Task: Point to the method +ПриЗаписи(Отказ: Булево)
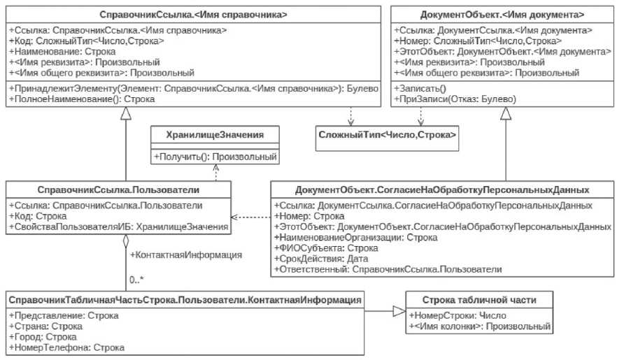pos(455,99)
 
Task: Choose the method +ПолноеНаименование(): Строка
pos(82,99)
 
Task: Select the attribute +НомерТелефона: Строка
pos(66,347)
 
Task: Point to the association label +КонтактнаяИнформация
pos(186,255)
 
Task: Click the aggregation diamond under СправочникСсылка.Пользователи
pos(125,241)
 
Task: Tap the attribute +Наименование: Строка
pos(58,51)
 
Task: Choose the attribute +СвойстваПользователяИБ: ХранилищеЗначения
pos(118,226)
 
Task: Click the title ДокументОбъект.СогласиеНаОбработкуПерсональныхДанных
pos(441,189)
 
